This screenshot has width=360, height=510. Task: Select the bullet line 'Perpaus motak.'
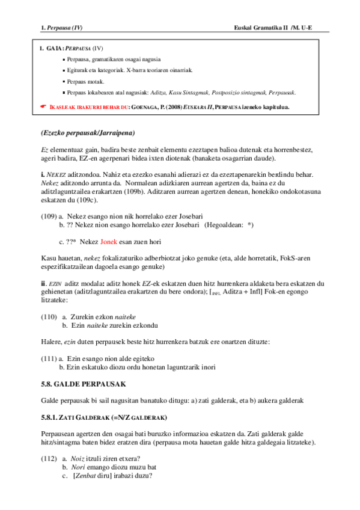[x=86, y=81]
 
